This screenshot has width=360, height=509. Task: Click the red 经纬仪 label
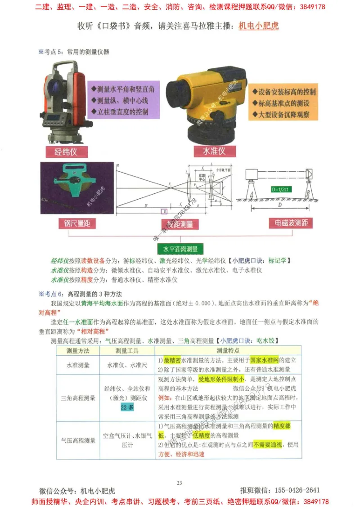[x=66, y=151]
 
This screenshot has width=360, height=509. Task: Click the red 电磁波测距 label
[x=291, y=223]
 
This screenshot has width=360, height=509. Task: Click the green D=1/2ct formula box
[x=279, y=189]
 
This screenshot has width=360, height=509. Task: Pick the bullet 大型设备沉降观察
[x=284, y=115]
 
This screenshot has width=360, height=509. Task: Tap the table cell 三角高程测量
[x=77, y=398]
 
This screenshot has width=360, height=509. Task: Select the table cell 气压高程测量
[x=77, y=441]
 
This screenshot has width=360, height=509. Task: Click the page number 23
[x=179, y=483]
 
